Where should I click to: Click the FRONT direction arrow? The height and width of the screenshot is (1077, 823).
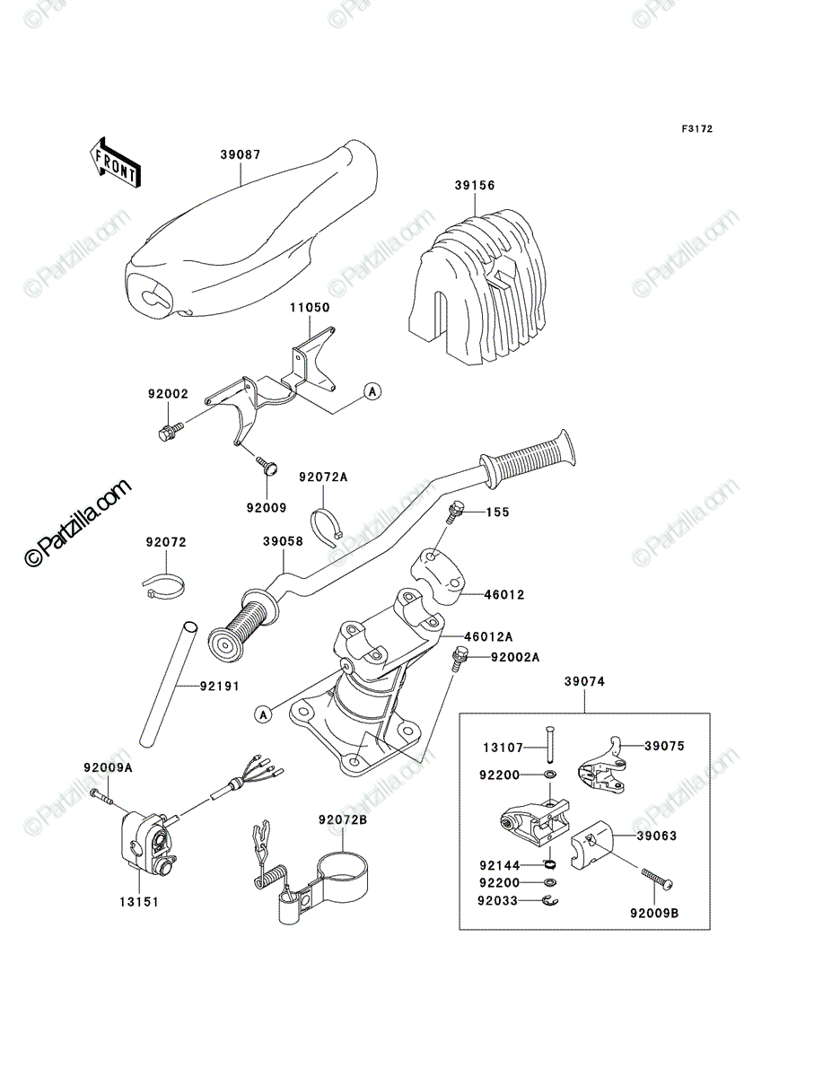(115, 162)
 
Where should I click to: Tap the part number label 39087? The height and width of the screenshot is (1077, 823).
(241, 155)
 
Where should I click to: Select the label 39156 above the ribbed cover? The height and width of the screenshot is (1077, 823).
(474, 186)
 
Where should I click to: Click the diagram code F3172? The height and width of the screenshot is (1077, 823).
(696, 129)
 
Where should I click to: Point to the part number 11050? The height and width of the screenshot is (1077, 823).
(310, 308)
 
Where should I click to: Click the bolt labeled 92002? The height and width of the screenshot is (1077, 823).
(171, 430)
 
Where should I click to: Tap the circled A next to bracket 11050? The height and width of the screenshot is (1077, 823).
(372, 391)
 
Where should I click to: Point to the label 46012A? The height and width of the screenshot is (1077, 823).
(488, 636)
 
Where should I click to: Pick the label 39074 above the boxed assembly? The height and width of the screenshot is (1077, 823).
(584, 681)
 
